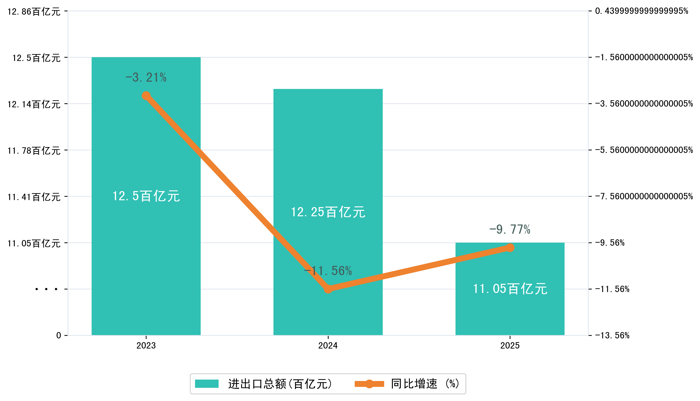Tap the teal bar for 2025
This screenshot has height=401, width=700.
pyautogui.click(x=510, y=311)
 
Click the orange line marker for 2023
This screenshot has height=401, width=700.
pyautogui.click(x=146, y=96)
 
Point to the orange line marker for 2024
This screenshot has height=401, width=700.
pyautogui.click(x=328, y=289)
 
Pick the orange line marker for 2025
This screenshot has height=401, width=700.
pyautogui.click(x=510, y=248)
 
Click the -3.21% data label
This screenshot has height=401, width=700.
pyautogui.click(x=146, y=77)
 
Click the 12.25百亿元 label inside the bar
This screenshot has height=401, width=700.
pyautogui.click(x=328, y=212)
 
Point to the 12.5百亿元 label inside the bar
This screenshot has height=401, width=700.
pyautogui.click(x=146, y=196)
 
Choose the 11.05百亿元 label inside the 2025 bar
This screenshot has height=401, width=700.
pyautogui.click(x=510, y=289)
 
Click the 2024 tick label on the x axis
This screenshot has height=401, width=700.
pyautogui.click(x=328, y=346)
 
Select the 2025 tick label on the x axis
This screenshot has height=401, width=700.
pyautogui.click(x=510, y=346)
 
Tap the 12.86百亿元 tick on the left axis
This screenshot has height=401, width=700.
pyautogui.click(x=34, y=12)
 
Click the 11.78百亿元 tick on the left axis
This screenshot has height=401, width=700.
pyautogui.click(x=34, y=151)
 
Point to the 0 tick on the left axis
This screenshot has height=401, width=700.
pyautogui.click(x=58, y=335)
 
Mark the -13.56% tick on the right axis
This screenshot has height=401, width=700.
pyautogui.click(x=612, y=335)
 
